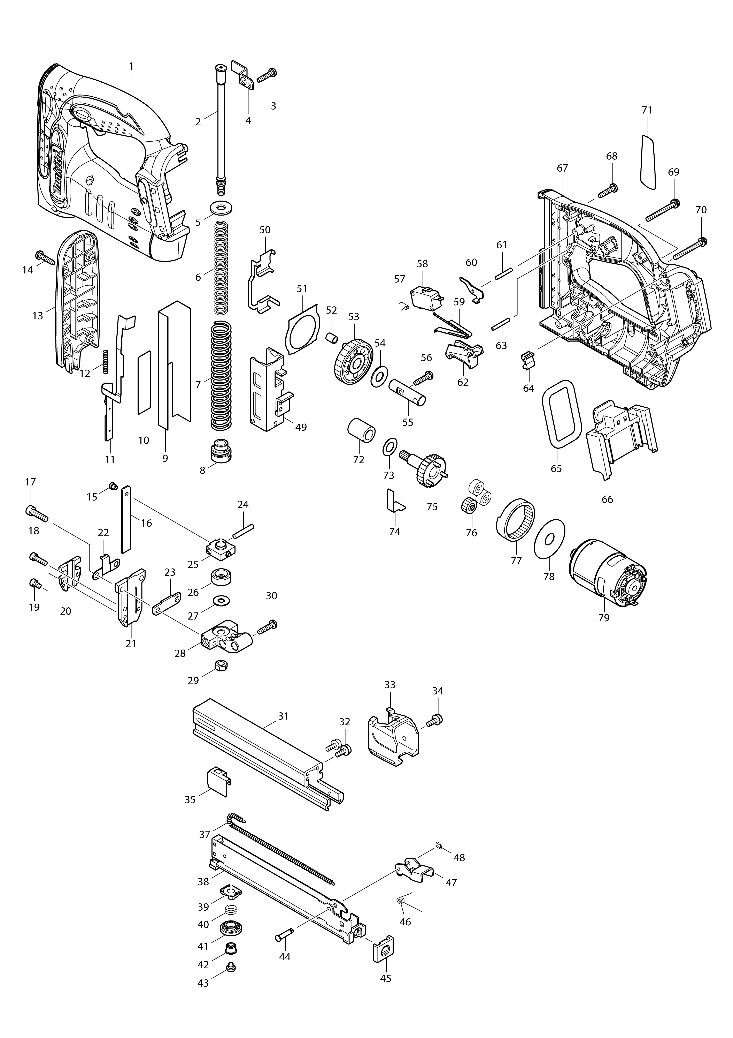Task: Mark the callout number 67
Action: click(x=562, y=168)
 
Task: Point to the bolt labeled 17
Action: click(x=36, y=513)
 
